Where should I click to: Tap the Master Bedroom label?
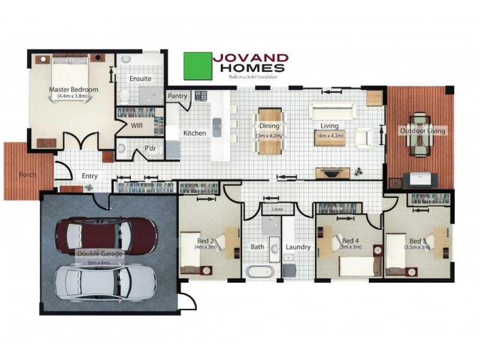point(73,90)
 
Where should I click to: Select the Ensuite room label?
point(140,79)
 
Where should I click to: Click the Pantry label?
point(178,96)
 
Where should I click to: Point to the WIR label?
point(137,126)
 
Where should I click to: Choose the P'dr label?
point(150,149)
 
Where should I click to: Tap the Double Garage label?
point(100,254)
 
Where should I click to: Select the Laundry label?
point(298,247)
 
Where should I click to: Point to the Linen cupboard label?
point(277,209)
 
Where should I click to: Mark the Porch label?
point(28,175)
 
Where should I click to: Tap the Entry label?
point(89,176)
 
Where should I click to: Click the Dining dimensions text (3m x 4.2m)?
point(269,136)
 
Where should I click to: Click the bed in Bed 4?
point(359,264)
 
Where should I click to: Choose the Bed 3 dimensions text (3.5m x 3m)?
point(417,247)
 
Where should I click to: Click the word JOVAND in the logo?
point(250,58)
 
